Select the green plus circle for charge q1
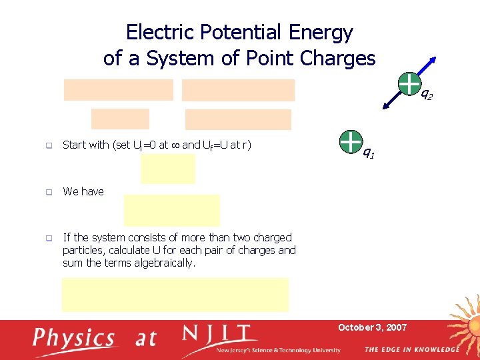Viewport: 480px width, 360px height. [x=350, y=141]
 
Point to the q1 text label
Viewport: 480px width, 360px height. [x=369, y=154]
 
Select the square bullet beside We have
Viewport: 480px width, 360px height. [x=49, y=192]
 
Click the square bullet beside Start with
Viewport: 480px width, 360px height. [x=49, y=145]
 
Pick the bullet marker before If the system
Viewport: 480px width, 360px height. [x=49, y=238]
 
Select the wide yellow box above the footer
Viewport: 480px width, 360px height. [x=175, y=295]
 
